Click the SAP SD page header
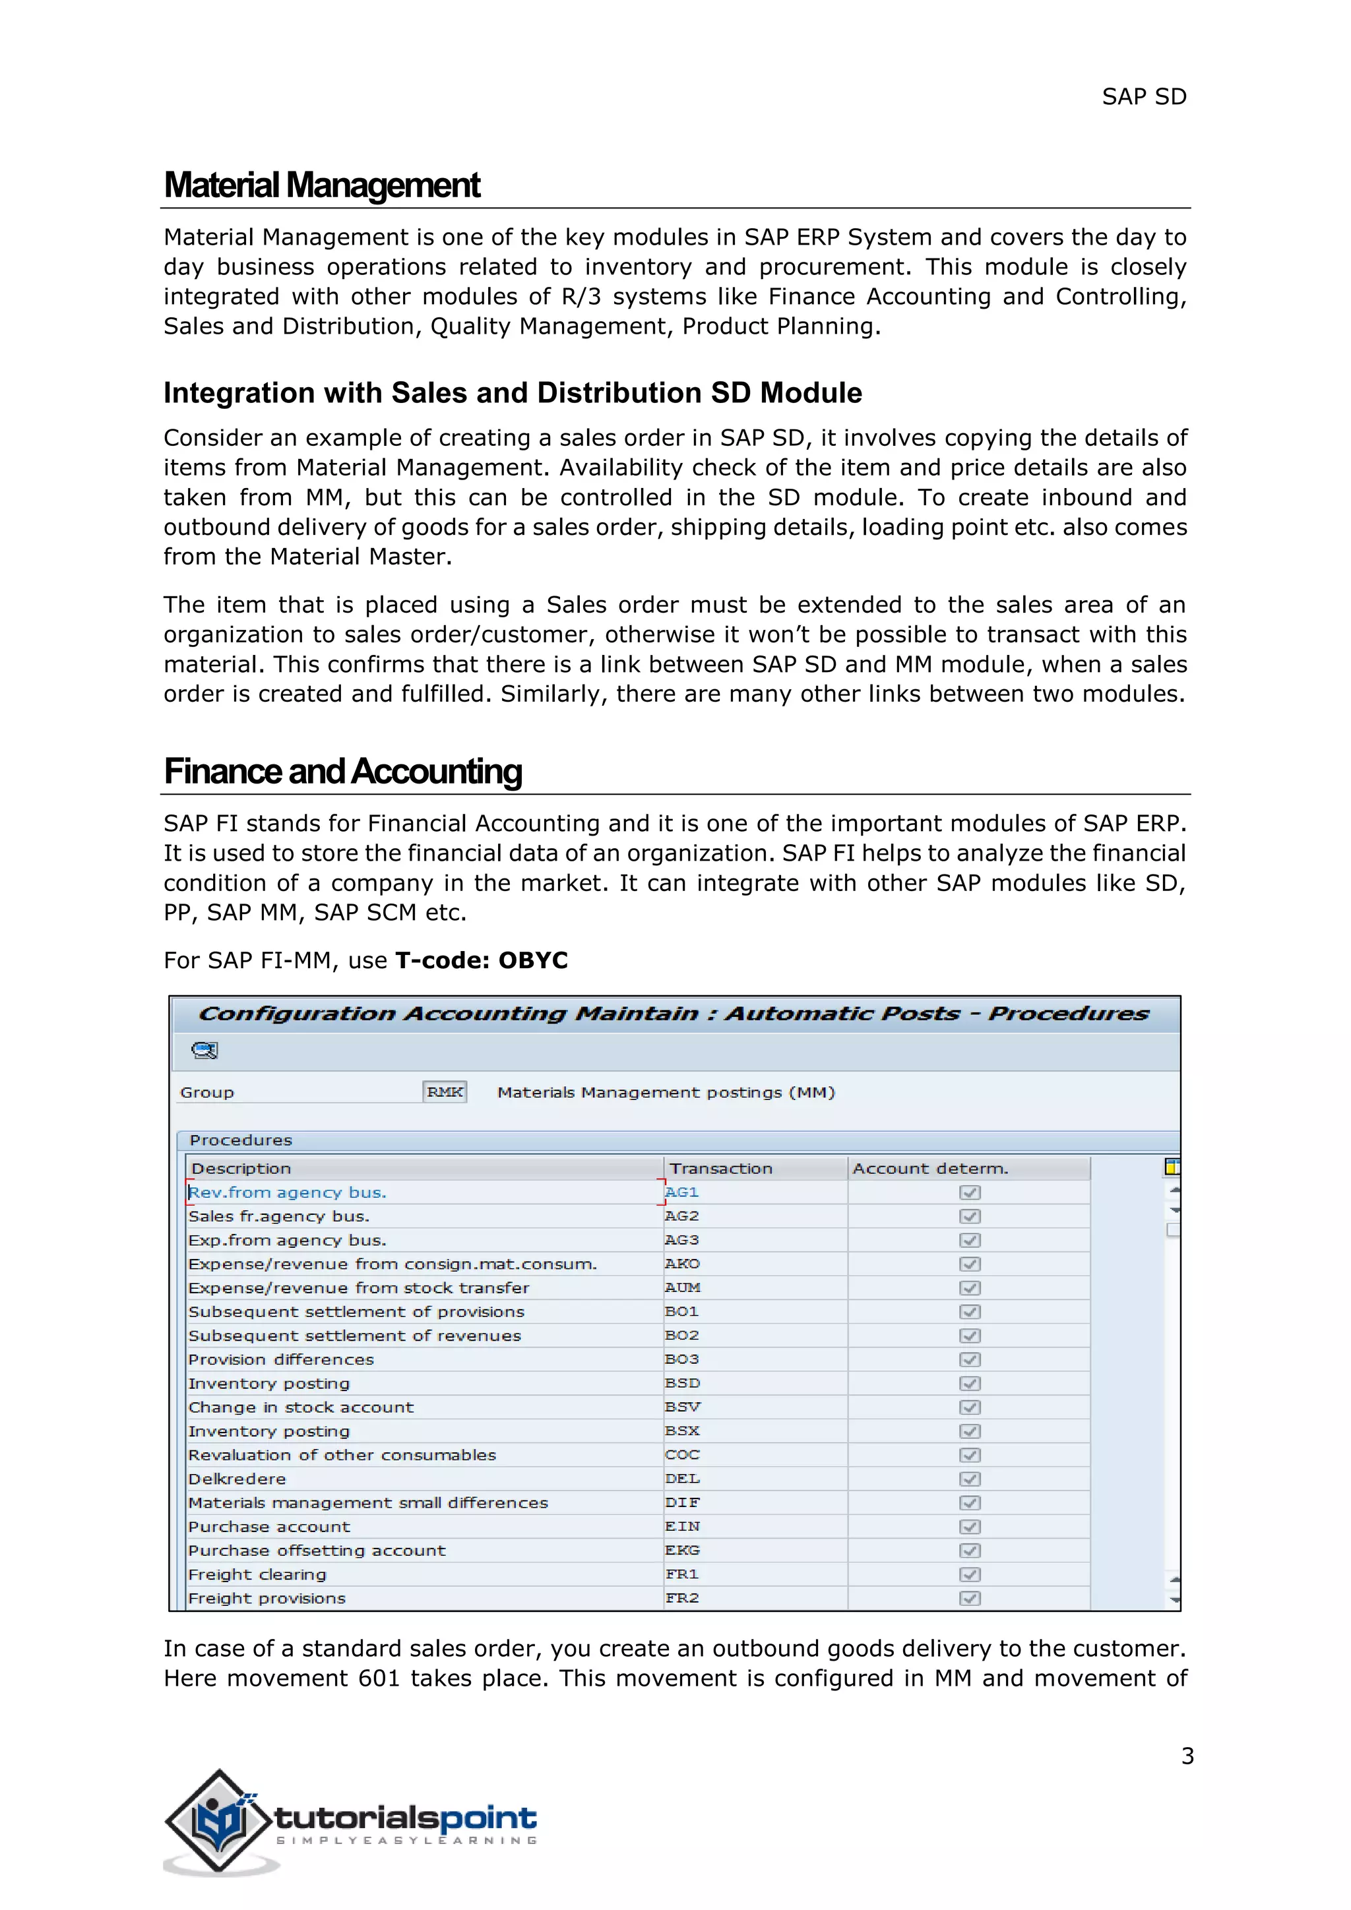click(x=1143, y=98)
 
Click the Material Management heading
click(x=322, y=185)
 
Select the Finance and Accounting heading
click(x=343, y=771)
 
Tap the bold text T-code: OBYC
click(x=481, y=960)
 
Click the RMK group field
click(x=444, y=1092)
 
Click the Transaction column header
click(x=720, y=1168)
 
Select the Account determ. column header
click(x=929, y=1168)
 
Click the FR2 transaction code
click(x=681, y=1598)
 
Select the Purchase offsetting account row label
click(x=316, y=1551)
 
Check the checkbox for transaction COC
click(x=969, y=1455)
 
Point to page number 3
click(x=1187, y=1756)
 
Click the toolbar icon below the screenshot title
click(x=204, y=1051)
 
